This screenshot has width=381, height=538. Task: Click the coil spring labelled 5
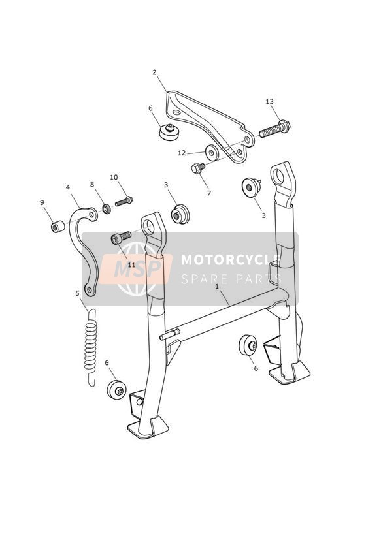tap(91, 347)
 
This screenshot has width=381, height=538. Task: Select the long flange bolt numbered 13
tap(274, 129)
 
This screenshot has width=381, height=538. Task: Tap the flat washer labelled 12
tap(212, 152)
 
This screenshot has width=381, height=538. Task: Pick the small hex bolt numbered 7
tap(197, 168)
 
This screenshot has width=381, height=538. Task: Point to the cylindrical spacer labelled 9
tap(58, 227)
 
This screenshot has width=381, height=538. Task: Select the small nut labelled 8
tap(107, 209)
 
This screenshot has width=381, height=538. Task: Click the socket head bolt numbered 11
tap(121, 238)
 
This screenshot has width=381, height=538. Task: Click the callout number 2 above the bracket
tap(155, 72)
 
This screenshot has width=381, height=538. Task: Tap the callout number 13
tap(270, 102)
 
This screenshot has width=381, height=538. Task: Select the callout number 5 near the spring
tap(77, 293)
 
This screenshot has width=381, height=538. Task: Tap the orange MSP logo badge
tap(137, 268)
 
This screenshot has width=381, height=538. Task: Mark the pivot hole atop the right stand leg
tap(278, 176)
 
